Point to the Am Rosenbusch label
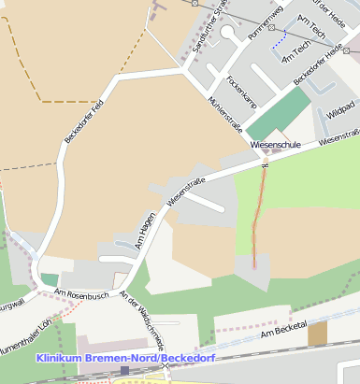coord(82,294)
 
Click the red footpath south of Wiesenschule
coord(258,220)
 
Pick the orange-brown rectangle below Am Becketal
coord(318,334)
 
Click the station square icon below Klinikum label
coord(124,371)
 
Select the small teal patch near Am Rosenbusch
coord(49,278)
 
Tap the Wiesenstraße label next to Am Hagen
coord(186,192)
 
